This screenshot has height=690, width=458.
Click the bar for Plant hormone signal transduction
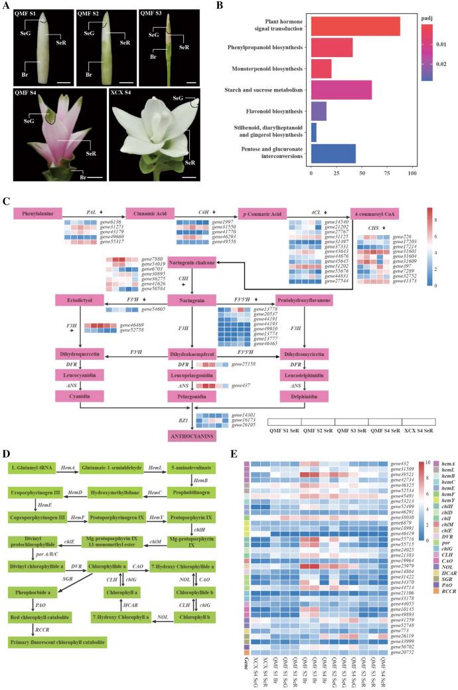(355, 26)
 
